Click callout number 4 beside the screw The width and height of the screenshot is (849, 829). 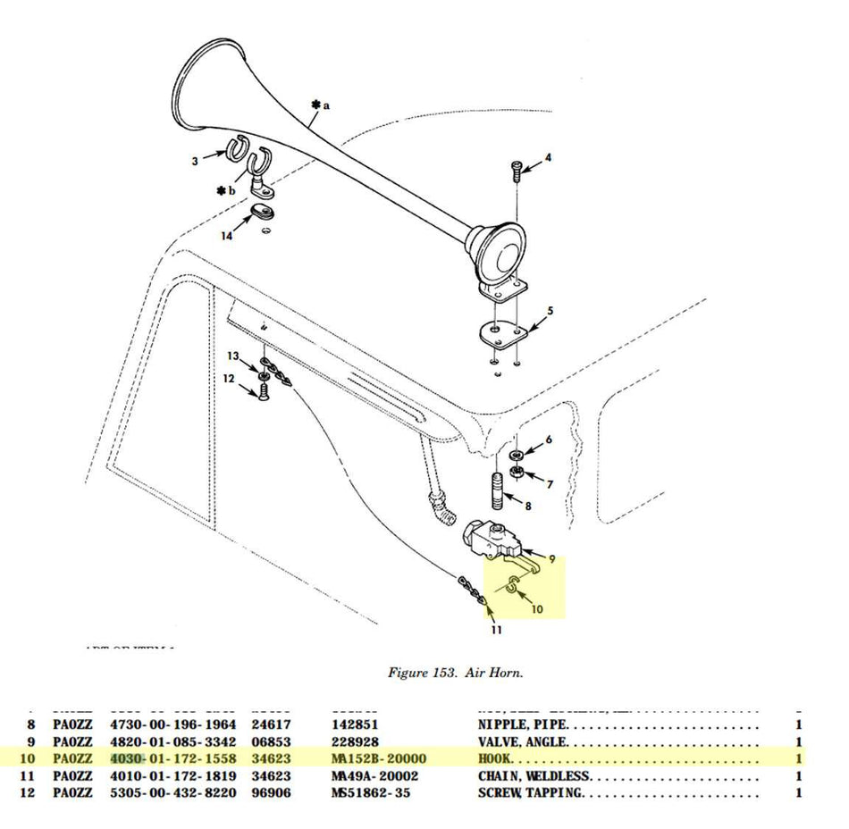tap(548, 158)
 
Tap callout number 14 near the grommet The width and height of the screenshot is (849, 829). tap(227, 235)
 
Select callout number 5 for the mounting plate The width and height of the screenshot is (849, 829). tap(551, 311)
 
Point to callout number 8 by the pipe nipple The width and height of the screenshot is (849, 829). tap(528, 506)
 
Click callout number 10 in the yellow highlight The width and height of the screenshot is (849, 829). tap(536, 609)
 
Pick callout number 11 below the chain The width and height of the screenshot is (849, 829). tap(496, 630)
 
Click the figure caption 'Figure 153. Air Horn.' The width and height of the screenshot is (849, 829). tap(455, 673)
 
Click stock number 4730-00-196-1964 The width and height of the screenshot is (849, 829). tap(173, 724)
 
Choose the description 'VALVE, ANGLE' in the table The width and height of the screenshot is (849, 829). tap(522, 741)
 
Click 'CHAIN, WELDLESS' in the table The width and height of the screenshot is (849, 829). tap(534, 775)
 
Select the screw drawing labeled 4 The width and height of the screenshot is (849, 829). tap(517, 170)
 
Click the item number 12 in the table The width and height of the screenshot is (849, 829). tap(28, 792)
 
